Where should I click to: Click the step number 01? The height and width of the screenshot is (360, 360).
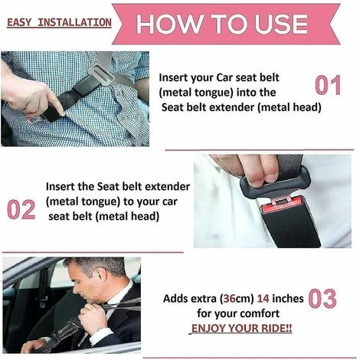328,85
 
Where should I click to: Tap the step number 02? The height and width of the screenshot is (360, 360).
21,209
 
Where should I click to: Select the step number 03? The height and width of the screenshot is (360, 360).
322,299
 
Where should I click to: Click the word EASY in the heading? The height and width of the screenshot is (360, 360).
20,22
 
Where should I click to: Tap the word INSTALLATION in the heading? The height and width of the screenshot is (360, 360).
74,22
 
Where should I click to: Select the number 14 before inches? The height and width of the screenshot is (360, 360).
263,299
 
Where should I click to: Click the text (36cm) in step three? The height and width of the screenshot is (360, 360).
237,299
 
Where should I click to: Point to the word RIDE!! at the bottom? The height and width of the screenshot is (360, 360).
277,328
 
